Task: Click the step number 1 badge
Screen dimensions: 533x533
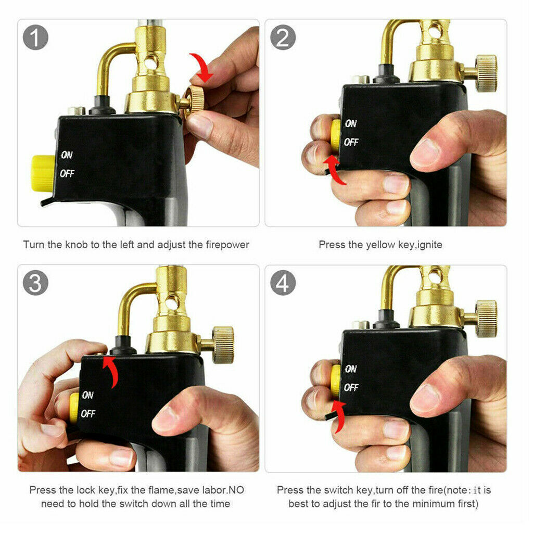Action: point(36,37)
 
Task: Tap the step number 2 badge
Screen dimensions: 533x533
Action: point(283,37)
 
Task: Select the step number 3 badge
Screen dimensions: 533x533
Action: point(36,283)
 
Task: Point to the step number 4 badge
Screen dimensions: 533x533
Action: point(283,283)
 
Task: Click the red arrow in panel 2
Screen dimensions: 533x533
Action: point(335,170)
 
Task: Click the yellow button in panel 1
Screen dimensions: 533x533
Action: point(42,172)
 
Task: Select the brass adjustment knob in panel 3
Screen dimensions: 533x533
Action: point(223,344)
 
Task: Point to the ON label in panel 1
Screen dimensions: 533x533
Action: point(67,155)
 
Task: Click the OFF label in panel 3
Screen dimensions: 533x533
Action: point(88,414)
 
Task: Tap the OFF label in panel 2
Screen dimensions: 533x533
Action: point(351,142)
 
